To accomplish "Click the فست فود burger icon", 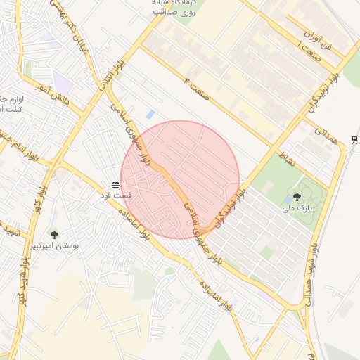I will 115,184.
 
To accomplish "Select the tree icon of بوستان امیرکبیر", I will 54,235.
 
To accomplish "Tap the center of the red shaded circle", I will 179,179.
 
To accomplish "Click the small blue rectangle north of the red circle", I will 150,114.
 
